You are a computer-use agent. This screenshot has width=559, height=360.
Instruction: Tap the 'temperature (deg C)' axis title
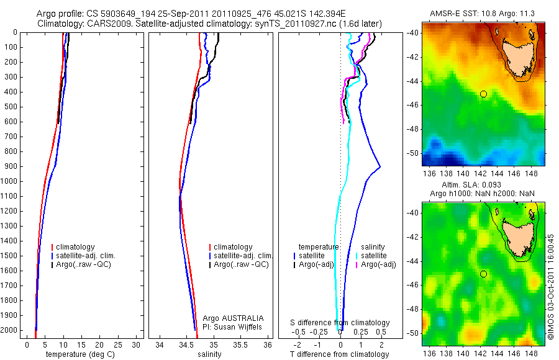point(76,354)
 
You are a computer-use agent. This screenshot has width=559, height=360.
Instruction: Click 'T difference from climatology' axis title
point(340,354)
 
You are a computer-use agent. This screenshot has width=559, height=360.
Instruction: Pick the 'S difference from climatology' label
point(340,323)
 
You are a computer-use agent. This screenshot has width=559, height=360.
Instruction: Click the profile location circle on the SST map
point(483,94)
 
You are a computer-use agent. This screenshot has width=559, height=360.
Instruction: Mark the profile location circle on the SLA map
point(483,274)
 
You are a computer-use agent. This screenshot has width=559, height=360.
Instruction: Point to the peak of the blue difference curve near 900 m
point(379,167)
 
